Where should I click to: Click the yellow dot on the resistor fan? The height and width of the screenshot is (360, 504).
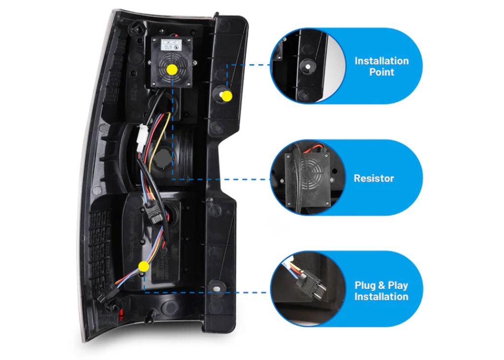(172, 70)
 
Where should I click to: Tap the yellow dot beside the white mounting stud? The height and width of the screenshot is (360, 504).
(227, 96)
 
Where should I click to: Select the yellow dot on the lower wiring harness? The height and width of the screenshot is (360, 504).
(144, 266)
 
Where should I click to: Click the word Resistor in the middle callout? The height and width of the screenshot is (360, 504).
(374, 179)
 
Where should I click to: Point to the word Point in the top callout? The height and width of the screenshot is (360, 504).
(382, 72)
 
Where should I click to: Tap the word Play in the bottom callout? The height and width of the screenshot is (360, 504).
(397, 286)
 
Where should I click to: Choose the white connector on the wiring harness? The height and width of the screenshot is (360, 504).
(141, 138)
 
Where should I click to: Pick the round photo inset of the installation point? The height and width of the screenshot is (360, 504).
(308, 66)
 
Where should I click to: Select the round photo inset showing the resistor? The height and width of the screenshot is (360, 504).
(308, 178)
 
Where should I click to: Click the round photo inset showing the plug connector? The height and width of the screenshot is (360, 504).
(308, 289)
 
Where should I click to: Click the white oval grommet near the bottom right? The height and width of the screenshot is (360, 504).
(217, 289)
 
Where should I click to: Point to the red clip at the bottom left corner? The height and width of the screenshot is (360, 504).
(121, 314)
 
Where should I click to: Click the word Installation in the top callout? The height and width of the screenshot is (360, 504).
(382, 61)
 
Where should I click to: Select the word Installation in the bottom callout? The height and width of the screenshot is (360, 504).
(381, 296)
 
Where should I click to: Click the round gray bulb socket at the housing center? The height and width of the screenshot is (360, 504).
(163, 158)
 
